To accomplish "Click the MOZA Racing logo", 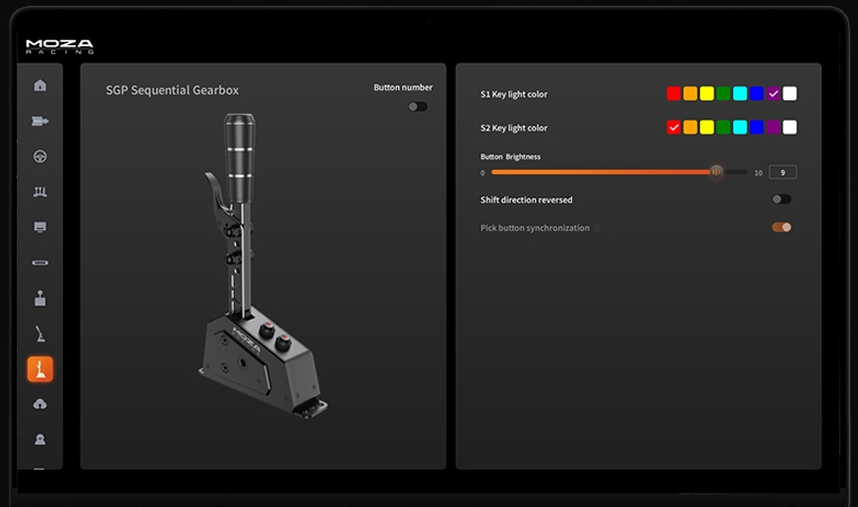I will pyautogui.click(x=59, y=46).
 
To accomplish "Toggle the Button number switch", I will pyautogui.click(x=418, y=106).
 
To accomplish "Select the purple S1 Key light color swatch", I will pyautogui.click(x=773, y=94).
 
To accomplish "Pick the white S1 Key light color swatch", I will pyautogui.click(x=790, y=94).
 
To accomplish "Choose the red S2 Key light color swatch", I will pyautogui.click(x=673, y=128).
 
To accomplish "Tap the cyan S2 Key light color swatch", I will pyautogui.click(x=740, y=128).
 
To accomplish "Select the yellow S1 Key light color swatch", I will pyautogui.click(x=707, y=94).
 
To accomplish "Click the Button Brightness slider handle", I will pyautogui.click(x=716, y=172).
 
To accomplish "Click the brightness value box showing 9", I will pyautogui.click(x=782, y=173).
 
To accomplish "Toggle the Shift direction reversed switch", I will pyautogui.click(x=781, y=199).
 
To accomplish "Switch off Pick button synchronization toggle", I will pyautogui.click(x=781, y=227).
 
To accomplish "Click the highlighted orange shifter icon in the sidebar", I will pyautogui.click(x=40, y=369).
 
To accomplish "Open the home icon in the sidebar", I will pyautogui.click(x=40, y=85).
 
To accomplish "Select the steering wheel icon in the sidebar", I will pyautogui.click(x=40, y=156).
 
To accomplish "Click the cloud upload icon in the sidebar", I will pyautogui.click(x=40, y=404).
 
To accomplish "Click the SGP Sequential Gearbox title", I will pyautogui.click(x=172, y=90).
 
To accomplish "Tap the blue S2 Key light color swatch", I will pyautogui.click(x=757, y=128).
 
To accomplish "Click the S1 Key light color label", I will pyautogui.click(x=514, y=94).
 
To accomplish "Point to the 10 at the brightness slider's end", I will pyautogui.click(x=758, y=173).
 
